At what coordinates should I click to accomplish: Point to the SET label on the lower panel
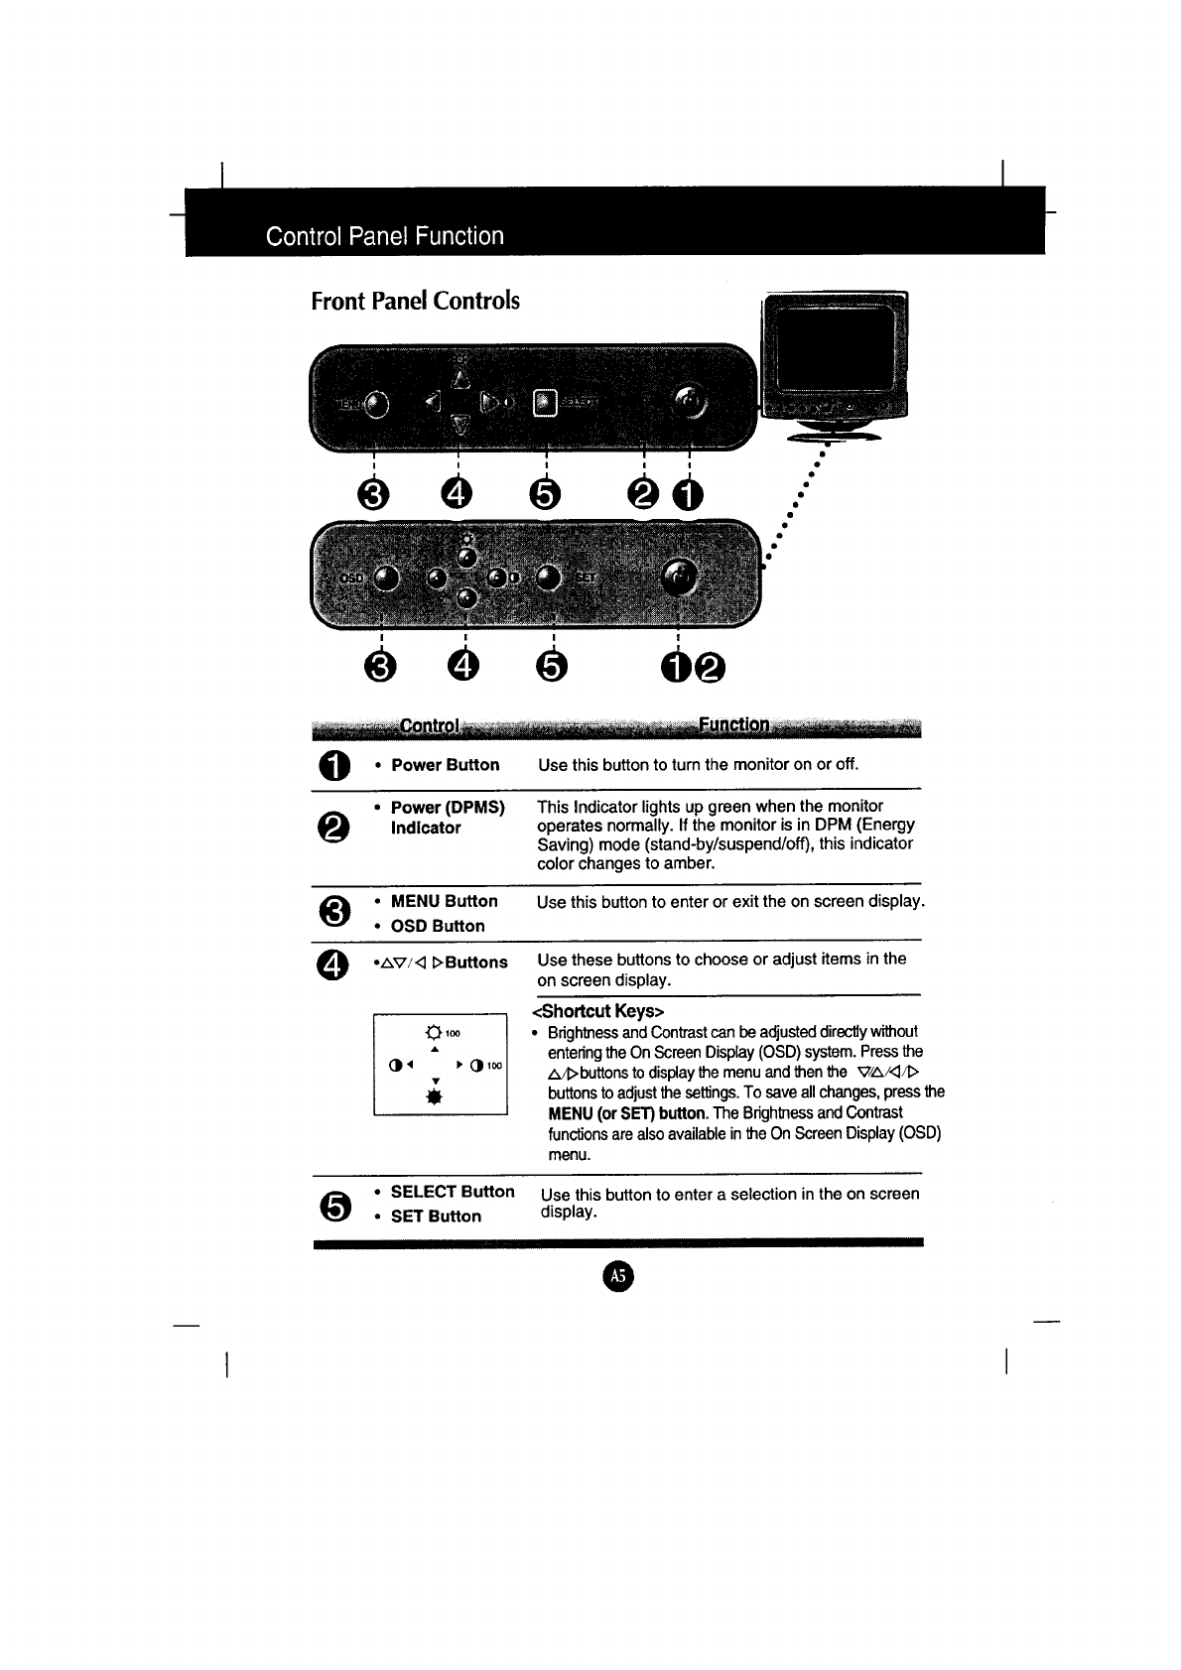click(x=586, y=578)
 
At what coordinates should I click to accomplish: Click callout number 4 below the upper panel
click(x=459, y=494)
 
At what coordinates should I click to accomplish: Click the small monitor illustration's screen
click(x=832, y=346)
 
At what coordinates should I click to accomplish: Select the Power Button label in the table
click(x=445, y=765)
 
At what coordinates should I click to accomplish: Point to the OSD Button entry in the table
click(x=437, y=926)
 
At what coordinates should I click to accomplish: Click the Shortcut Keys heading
click(x=597, y=1011)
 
